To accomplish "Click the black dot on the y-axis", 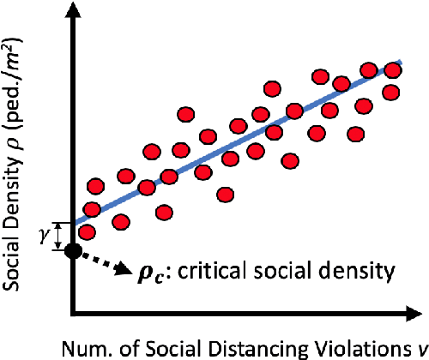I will (x=74, y=250).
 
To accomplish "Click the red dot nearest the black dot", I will (x=86, y=231).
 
